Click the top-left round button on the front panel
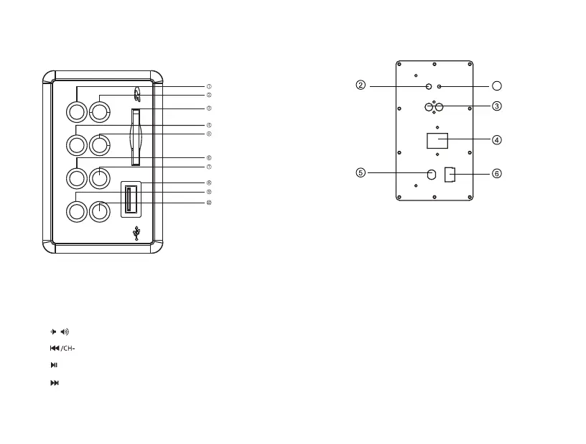pos(76,111)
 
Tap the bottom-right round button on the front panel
pos(101,211)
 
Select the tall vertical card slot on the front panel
pos(136,137)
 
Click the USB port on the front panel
pos(131,199)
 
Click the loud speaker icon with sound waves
pos(65,331)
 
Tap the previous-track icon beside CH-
pos(54,348)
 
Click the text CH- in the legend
pos(68,348)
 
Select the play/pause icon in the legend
pos(54,366)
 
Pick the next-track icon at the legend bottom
pos(54,383)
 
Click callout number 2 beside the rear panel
pos(361,85)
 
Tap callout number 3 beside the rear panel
pos(496,106)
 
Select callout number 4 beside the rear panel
pos(496,139)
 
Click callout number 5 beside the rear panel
pos(361,173)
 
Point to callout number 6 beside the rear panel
pos(496,174)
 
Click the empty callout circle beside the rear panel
pos(496,85)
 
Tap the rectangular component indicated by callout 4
pos(437,140)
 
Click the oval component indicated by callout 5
pos(432,175)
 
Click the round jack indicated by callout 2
pos(429,86)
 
